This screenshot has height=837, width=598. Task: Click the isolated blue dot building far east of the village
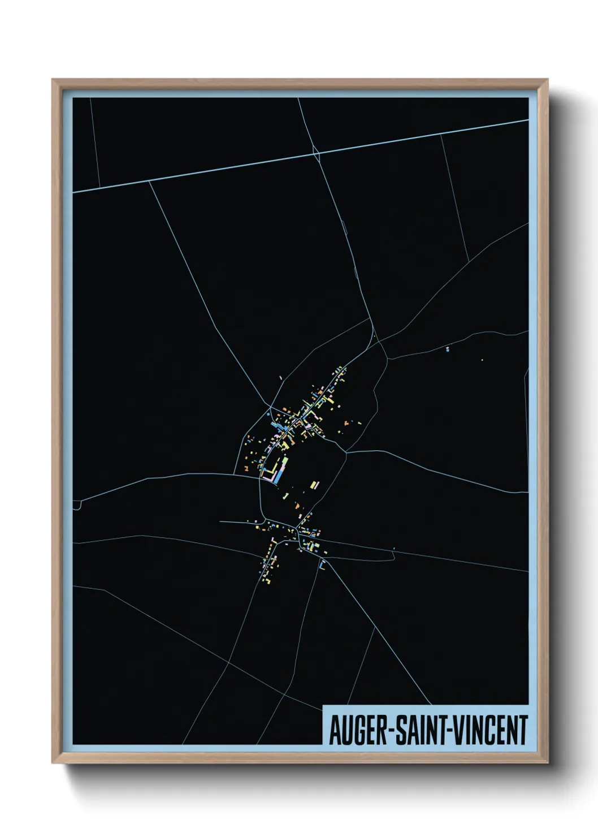click(x=448, y=349)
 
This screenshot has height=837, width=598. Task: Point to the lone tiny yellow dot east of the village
click(x=482, y=360)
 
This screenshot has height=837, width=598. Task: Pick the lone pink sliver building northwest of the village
click(x=281, y=378)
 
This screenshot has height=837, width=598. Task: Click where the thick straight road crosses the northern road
click(x=316, y=152)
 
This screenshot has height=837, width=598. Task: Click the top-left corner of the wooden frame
click(x=53, y=80)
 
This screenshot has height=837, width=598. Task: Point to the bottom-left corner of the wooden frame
click(x=53, y=763)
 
